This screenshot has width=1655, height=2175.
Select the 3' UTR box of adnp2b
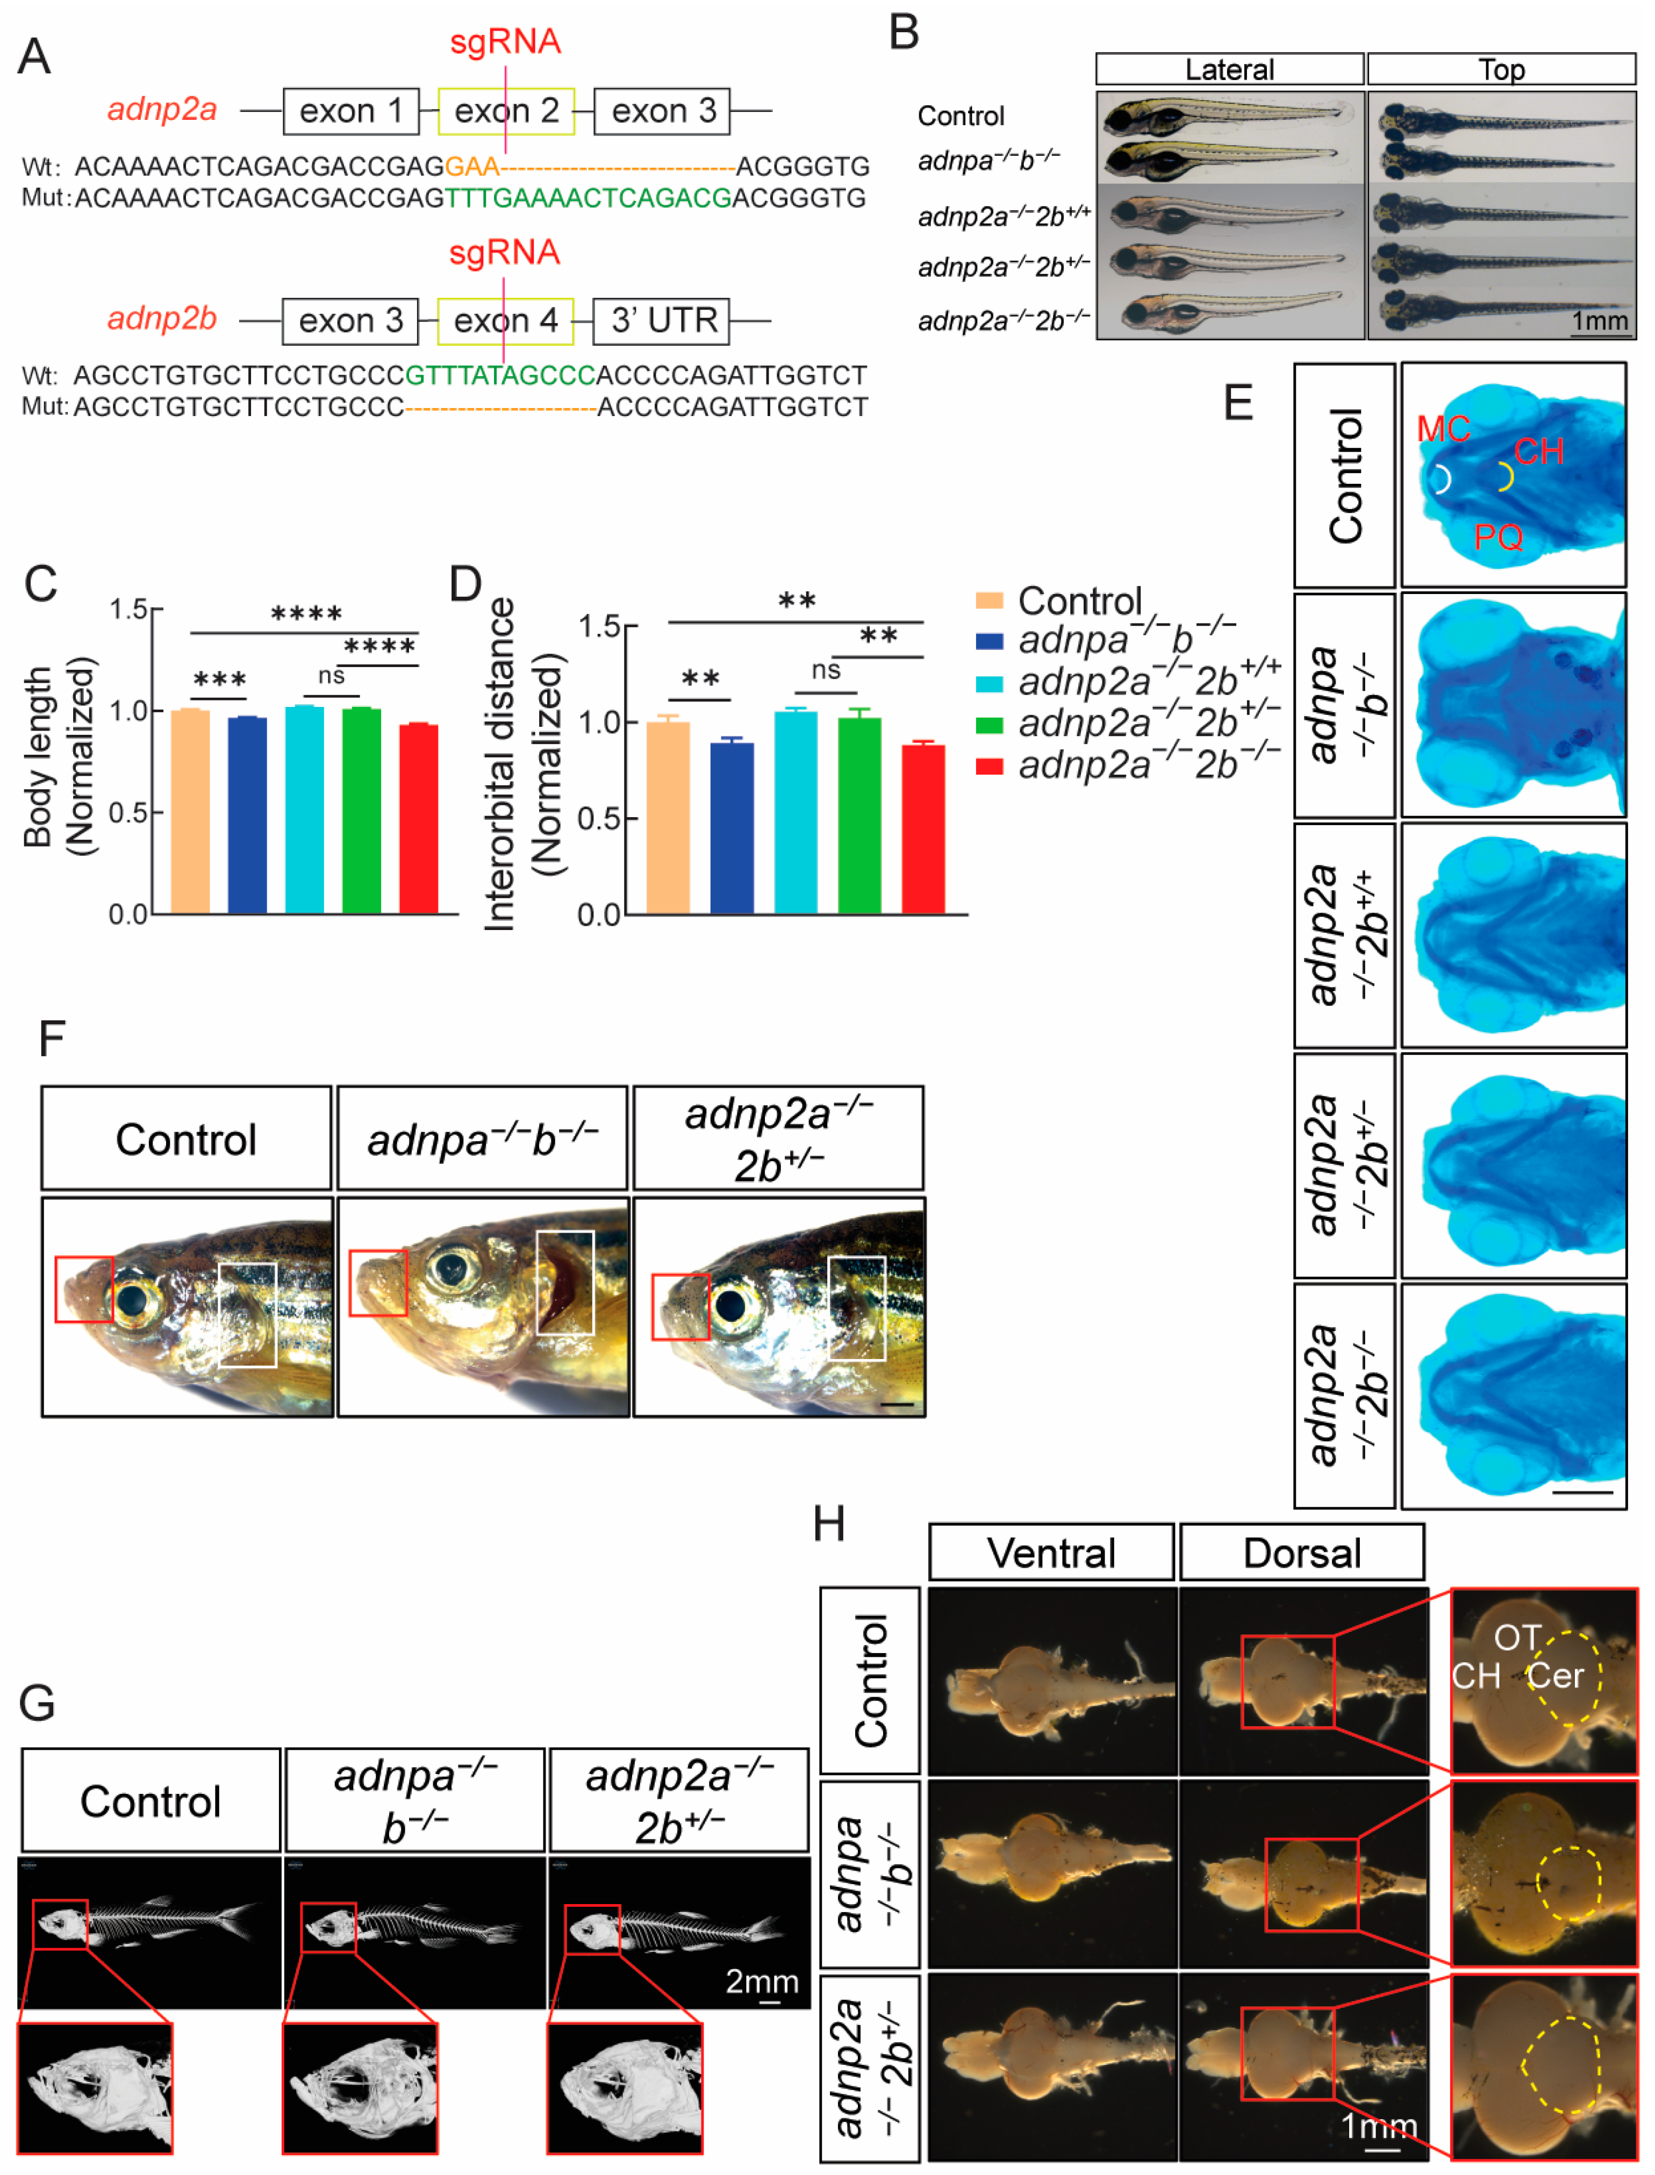(661, 321)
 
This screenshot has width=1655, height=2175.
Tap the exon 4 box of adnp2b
(505, 321)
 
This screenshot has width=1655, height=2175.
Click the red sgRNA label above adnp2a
(505, 42)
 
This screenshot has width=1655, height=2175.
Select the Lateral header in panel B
(1229, 70)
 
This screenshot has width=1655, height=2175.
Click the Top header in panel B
(1501, 70)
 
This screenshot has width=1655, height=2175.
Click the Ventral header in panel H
(1051, 1554)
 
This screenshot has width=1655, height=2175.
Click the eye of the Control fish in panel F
(131, 1301)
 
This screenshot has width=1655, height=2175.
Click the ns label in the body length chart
(331, 676)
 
